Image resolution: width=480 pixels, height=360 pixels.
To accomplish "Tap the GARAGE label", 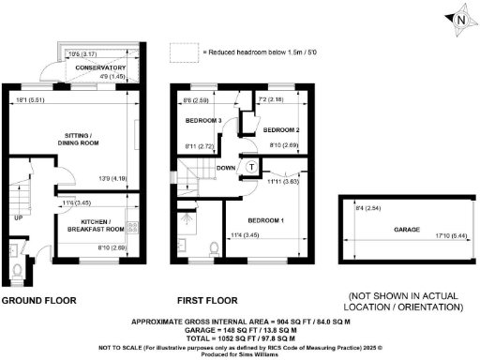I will coord(406,228).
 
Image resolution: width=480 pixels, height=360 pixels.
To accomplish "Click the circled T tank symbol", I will coord(251,166).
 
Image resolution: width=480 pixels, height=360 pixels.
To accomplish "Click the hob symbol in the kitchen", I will coord(132,227).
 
